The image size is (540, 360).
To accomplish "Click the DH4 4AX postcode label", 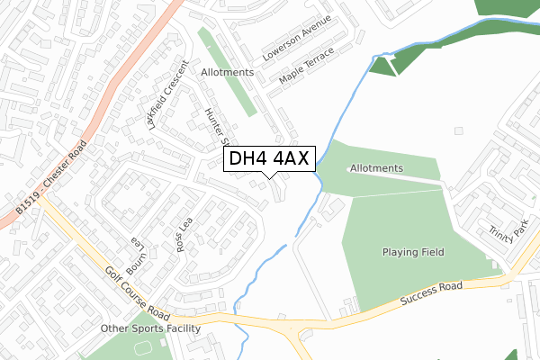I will (x=269, y=159).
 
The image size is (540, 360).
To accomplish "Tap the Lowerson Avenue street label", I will (x=297, y=38).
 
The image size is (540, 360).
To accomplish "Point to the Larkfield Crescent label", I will (x=167, y=94).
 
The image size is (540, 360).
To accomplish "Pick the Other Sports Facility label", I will (x=148, y=328).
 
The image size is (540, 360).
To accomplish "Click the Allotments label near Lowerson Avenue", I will (x=201, y=71).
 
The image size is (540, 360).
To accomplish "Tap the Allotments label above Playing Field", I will (x=376, y=168).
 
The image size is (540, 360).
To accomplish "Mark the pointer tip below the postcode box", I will (x=269, y=177).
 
